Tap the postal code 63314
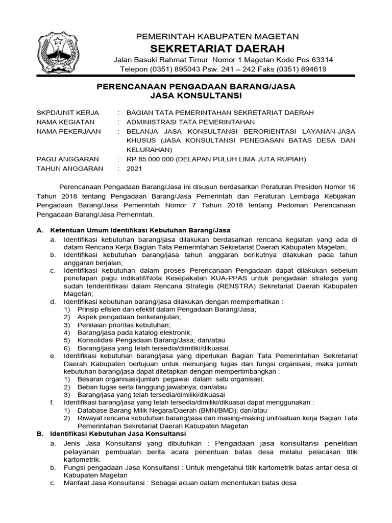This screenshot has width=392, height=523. tap(320, 60)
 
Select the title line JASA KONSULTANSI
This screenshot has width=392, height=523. tap(196, 96)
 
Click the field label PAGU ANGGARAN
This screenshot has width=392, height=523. tap(68, 159)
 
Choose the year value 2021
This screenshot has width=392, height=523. tap(135, 168)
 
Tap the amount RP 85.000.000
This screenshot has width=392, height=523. tap(150, 159)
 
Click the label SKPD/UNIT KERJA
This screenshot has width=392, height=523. tap(68, 112)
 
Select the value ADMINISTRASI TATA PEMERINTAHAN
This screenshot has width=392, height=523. tap(190, 122)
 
